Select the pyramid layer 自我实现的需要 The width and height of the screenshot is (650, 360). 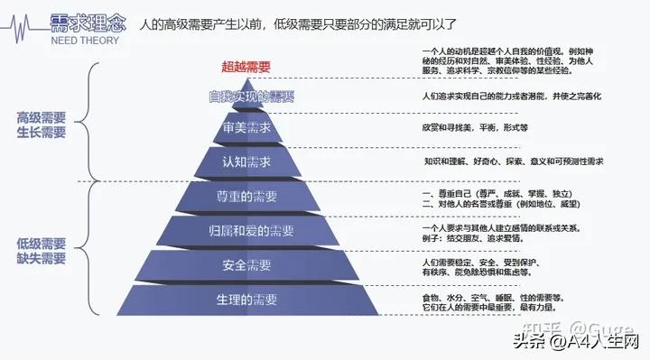(x=251, y=96)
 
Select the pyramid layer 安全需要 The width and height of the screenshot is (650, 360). (x=246, y=265)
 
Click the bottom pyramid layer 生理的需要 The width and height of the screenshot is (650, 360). (x=246, y=300)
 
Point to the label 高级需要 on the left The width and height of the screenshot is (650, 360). (x=42, y=117)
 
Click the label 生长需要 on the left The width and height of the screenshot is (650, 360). (x=42, y=133)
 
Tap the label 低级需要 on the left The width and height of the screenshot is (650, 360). (x=42, y=243)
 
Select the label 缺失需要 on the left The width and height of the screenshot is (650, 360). (x=42, y=258)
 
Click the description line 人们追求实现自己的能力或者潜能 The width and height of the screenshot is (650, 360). (x=511, y=96)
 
